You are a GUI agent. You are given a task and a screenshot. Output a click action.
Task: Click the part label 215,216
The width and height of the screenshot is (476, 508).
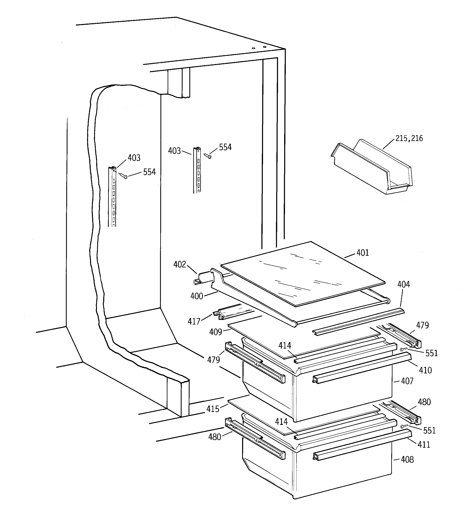(409, 138)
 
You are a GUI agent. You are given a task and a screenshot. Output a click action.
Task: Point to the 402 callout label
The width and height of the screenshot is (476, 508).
(180, 265)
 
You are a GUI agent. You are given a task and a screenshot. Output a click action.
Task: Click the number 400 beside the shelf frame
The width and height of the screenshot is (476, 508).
(197, 296)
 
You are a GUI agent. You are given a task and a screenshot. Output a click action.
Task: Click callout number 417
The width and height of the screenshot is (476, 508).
(194, 321)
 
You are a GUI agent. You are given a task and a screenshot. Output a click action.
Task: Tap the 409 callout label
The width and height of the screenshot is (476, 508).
(215, 332)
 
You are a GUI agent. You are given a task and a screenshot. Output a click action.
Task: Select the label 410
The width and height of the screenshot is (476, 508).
(425, 370)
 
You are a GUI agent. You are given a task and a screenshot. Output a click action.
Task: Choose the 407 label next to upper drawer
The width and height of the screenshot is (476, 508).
(407, 381)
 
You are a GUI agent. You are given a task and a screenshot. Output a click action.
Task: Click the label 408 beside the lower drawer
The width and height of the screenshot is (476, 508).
(407, 460)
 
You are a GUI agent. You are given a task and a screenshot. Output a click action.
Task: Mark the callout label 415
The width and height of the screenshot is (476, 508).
(213, 409)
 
